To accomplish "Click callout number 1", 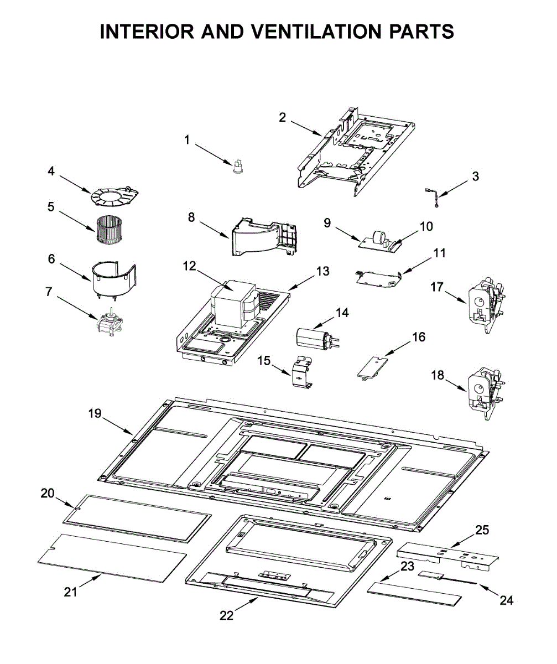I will pyautogui.click(x=187, y=140).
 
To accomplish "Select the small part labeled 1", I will pyautogui.click(x=238, y=165).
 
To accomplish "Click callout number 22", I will pyautogui.click(x=227, y=615).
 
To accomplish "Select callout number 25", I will pyautogui.click(x=482, y=530).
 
